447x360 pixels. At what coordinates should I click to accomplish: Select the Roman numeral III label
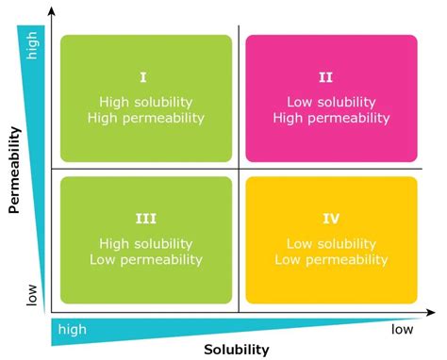(x=145, y=220)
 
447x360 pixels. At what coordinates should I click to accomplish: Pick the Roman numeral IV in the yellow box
(x=330, y=220)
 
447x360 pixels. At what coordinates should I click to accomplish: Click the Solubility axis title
(x=237, y=349)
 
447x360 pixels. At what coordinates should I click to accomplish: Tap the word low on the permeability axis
(x=34, y=295)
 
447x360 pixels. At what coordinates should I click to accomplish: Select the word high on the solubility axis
(x=78, y=330)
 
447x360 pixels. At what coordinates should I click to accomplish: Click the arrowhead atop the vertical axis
(x=52, y=11)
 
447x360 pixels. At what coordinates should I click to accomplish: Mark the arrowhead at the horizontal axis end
(x=436, y=312)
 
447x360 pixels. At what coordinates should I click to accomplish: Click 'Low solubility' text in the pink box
(x=330, y=102)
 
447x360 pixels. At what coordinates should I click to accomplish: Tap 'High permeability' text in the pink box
(x=330, y=118)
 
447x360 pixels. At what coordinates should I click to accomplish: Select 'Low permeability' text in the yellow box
(x=330, y=258)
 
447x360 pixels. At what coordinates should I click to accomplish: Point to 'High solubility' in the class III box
(x=145, y=242)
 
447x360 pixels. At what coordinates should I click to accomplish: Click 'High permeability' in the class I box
(x=145, y=118)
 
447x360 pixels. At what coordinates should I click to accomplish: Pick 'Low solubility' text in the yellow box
(x=330, y=242)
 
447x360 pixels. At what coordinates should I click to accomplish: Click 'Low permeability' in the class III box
(x=145, y=258)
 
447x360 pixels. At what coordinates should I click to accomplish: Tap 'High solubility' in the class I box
(x=145, y=102)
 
